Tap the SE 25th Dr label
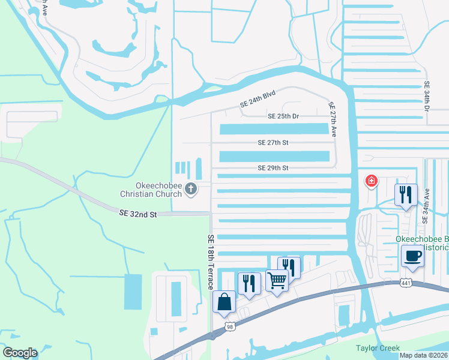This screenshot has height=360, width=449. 279,116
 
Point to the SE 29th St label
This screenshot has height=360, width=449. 273,169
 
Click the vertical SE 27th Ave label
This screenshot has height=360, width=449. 331,119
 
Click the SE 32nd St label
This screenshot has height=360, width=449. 137,213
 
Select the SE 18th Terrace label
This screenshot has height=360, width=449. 211,262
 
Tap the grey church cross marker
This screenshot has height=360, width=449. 191,190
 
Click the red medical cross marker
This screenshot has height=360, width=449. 372,180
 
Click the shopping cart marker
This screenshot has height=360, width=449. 277,280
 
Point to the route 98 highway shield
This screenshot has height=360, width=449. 229,326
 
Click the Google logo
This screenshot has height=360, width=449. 20,353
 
